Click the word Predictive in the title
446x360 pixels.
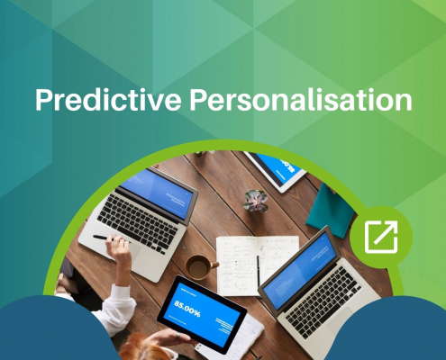pyautogui.click(x=108, y=100)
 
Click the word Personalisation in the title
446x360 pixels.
pyautogui.click(x=301, y=100)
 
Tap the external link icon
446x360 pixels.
pyautogui.click(x=381, y=237)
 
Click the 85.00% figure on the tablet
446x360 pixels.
pyautogui.click(x=187, y=309)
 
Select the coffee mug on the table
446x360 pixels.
pyautogui.click(x=201, y=267)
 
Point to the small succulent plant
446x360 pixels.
pyautogui.click(x=256, y=201)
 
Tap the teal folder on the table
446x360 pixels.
pyautogui.click(x=331, y=211)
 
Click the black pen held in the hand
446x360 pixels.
pyautogui.click(x=105, y=238)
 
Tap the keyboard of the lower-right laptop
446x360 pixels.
pyautogui.click(x=323, y=302)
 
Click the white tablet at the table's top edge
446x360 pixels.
pyautogui.click(x=276, y=171)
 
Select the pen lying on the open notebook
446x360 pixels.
pyautogui.click(x=258, y=272)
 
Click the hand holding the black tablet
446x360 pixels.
pyautogui.click(x=171, y=337)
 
